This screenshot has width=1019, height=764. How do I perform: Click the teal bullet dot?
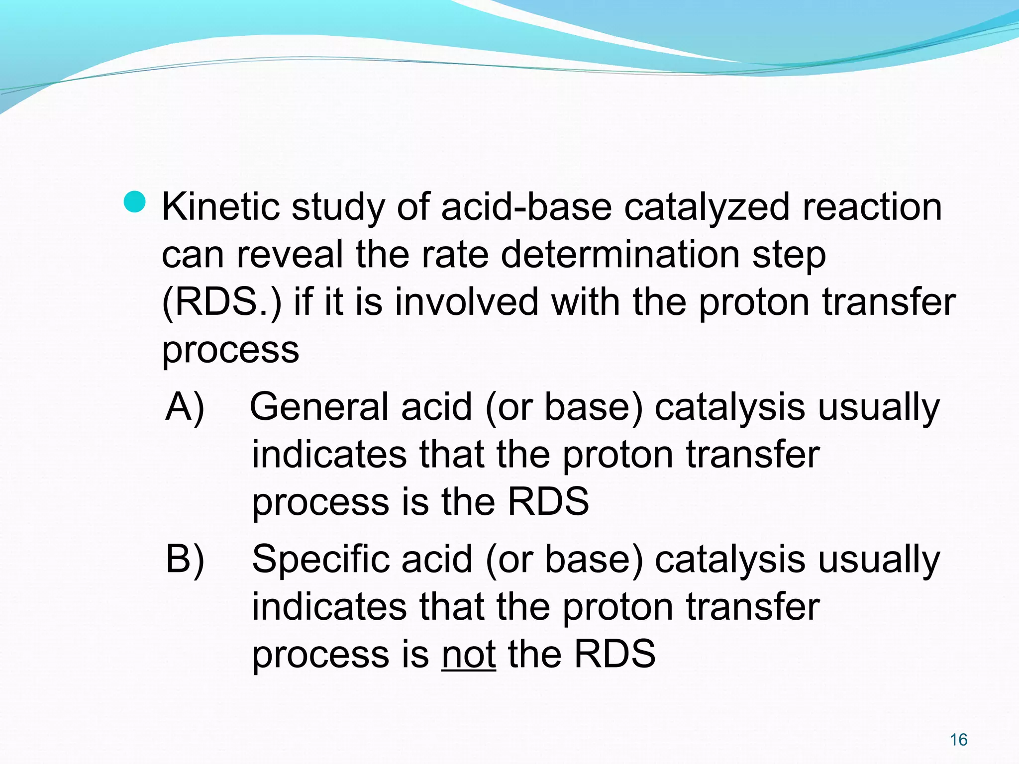coord(134,201)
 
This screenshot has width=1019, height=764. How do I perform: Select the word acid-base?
coord(526,207)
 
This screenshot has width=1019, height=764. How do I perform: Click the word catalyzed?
coord(707,208)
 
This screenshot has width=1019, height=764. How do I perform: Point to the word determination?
coord(620,255)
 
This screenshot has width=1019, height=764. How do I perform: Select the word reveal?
coord(290,255)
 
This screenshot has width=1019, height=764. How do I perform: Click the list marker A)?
coord(185,408)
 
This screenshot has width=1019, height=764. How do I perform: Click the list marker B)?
coord(185,560)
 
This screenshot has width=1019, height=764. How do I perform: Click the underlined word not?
coord(468,654)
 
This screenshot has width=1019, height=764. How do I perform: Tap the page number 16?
coord(958,740)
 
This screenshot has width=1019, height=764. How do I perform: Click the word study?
coord(338,208)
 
